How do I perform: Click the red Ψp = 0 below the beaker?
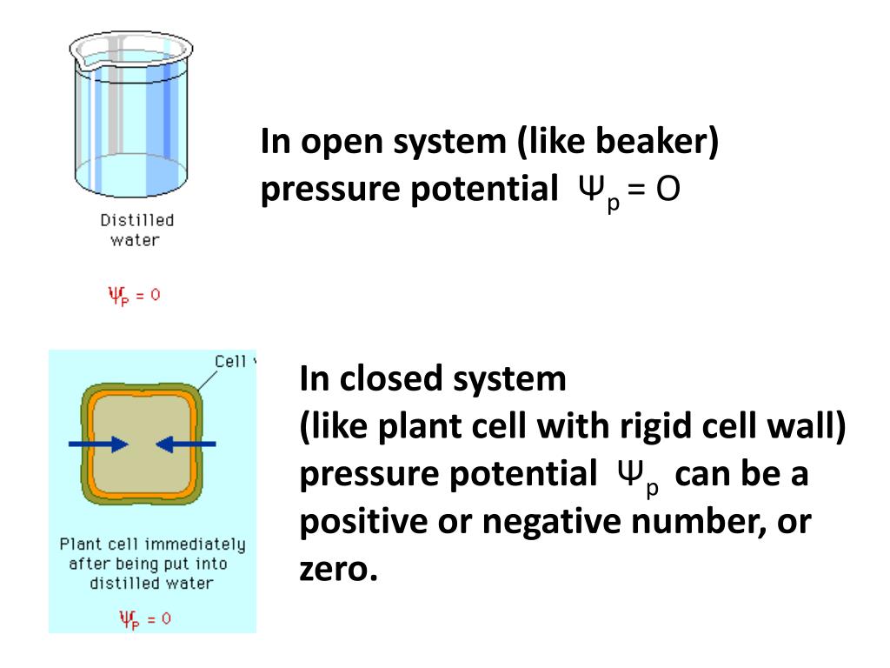[134, 295]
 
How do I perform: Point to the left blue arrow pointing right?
[98, 444]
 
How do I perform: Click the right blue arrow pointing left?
[185, 444]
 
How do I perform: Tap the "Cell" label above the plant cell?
[230, 362]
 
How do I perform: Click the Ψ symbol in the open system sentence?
[588, 189]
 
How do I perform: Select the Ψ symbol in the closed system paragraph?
[629, 474]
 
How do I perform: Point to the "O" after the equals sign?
[667, 189]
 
